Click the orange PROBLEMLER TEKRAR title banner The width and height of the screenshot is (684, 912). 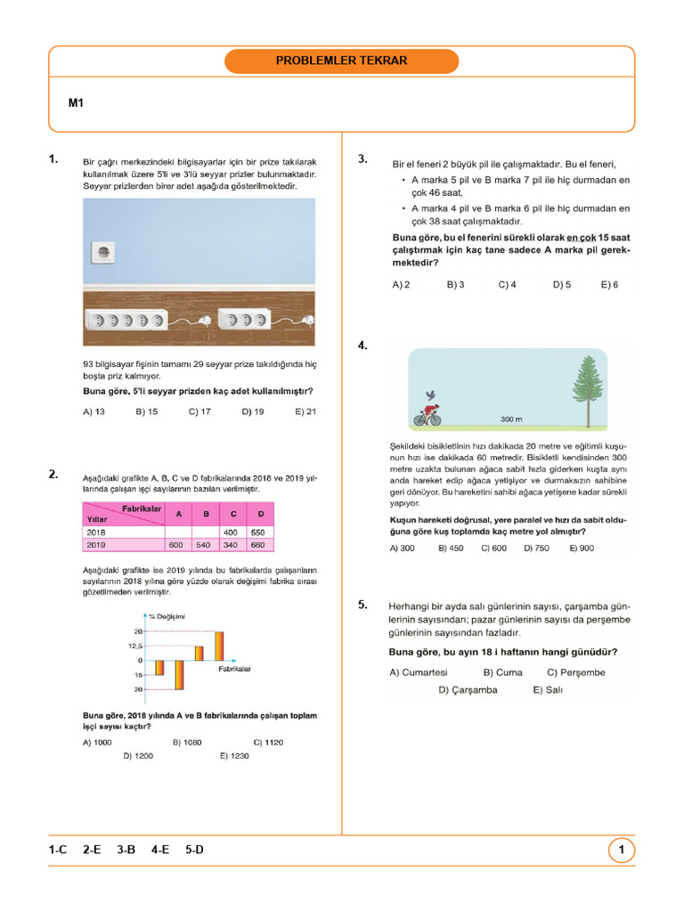click(x=341, y=61)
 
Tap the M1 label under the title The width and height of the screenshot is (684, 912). click(x=76, y=103)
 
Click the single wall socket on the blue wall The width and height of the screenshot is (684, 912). click(x=103, y=252)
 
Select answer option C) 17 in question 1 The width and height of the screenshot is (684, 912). click(x=199, y=411)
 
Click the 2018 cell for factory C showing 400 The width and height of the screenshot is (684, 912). click(x=230, y=532)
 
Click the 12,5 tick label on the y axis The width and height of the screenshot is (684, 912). click(x=134, y=647)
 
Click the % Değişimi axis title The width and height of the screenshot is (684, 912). click(x=167, y=616)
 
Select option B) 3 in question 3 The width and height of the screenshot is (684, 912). click(x=455, y=285)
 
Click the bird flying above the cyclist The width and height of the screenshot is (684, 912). click(x=431, y=395)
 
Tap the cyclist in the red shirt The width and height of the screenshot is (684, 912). click(x=427, y=415)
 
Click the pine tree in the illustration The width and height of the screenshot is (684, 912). click(x=586, y=388)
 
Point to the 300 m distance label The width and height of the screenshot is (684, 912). click(x=511, y=419)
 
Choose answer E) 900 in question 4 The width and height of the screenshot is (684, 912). click(x=582, y=549)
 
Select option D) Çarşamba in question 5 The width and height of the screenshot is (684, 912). click(x=468, y=689)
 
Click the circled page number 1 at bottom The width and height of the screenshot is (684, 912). click(x=621, y=851)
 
